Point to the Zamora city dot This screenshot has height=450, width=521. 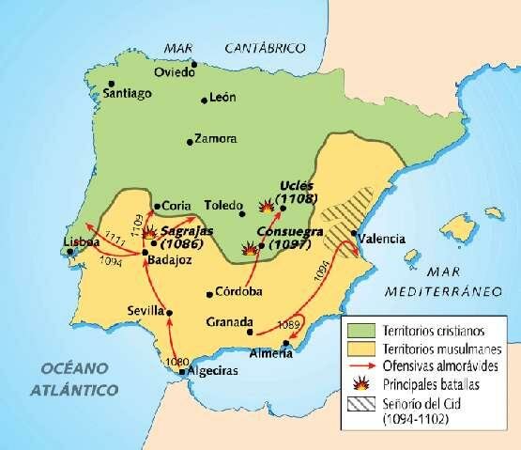pos(190,142)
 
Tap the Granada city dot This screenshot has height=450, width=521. pos(249,332)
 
